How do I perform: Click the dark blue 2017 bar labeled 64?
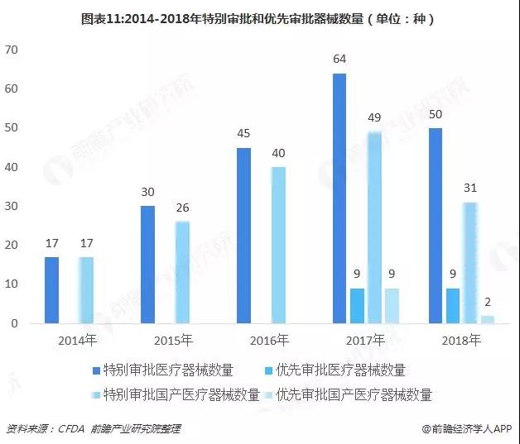[339, 198]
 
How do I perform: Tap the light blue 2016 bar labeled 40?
[279, 245]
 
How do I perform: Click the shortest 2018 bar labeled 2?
[488, 319]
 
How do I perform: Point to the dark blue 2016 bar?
[243, 236]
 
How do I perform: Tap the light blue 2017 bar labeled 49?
[374, 227]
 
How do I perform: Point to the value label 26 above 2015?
[183, 208]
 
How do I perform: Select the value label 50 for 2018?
[435, 115]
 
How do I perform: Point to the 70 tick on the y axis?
[12, 50]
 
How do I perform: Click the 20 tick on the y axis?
[12, 245]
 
